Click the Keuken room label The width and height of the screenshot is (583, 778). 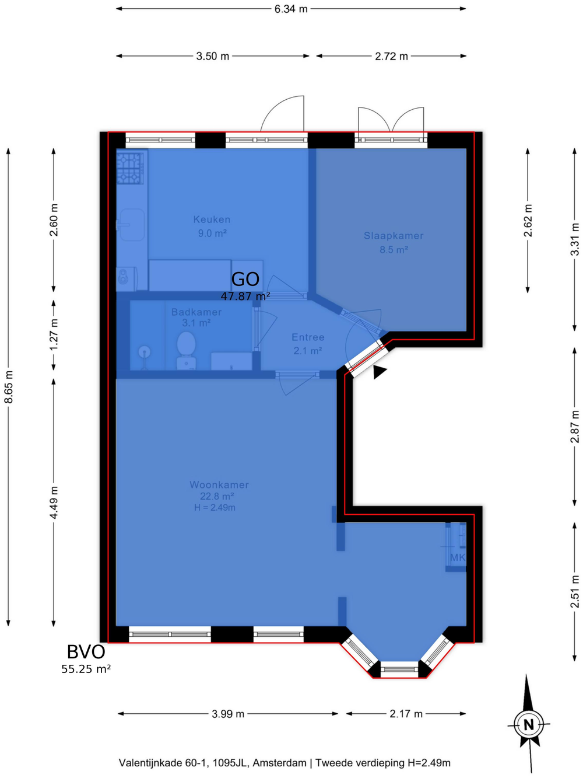click(x=212, y=220)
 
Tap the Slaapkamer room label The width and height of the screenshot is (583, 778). click(x=394, y=236)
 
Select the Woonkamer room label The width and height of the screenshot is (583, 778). click(x=219, y=484)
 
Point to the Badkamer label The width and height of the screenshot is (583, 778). click(x=196, y=312)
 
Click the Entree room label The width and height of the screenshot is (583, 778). click(x=308, y=337)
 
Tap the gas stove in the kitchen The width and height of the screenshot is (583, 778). click(x=130, y=168)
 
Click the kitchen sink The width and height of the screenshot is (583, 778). click(x=132, y=225)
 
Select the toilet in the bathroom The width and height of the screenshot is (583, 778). click(x=186, y=350)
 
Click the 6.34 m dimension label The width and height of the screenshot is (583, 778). click(x=291, y=9)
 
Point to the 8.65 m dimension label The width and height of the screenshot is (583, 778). click(x=9, y=387)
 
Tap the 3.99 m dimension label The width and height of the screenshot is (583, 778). click(x=228, y=713)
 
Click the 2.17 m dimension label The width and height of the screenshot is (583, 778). click(x=406, y=713)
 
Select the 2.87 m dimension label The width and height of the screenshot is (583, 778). click(x=574, y=426)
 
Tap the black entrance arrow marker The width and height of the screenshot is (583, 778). click(x=379, y=372)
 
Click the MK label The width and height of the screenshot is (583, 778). click(x=457, y=557)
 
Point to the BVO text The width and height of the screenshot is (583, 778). click(x=86, y=652)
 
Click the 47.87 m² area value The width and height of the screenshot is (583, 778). click(x=245, y=296)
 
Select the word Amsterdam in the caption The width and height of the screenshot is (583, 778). click(x=280, y=762)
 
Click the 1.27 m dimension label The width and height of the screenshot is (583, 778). click(x=54, y=334)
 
